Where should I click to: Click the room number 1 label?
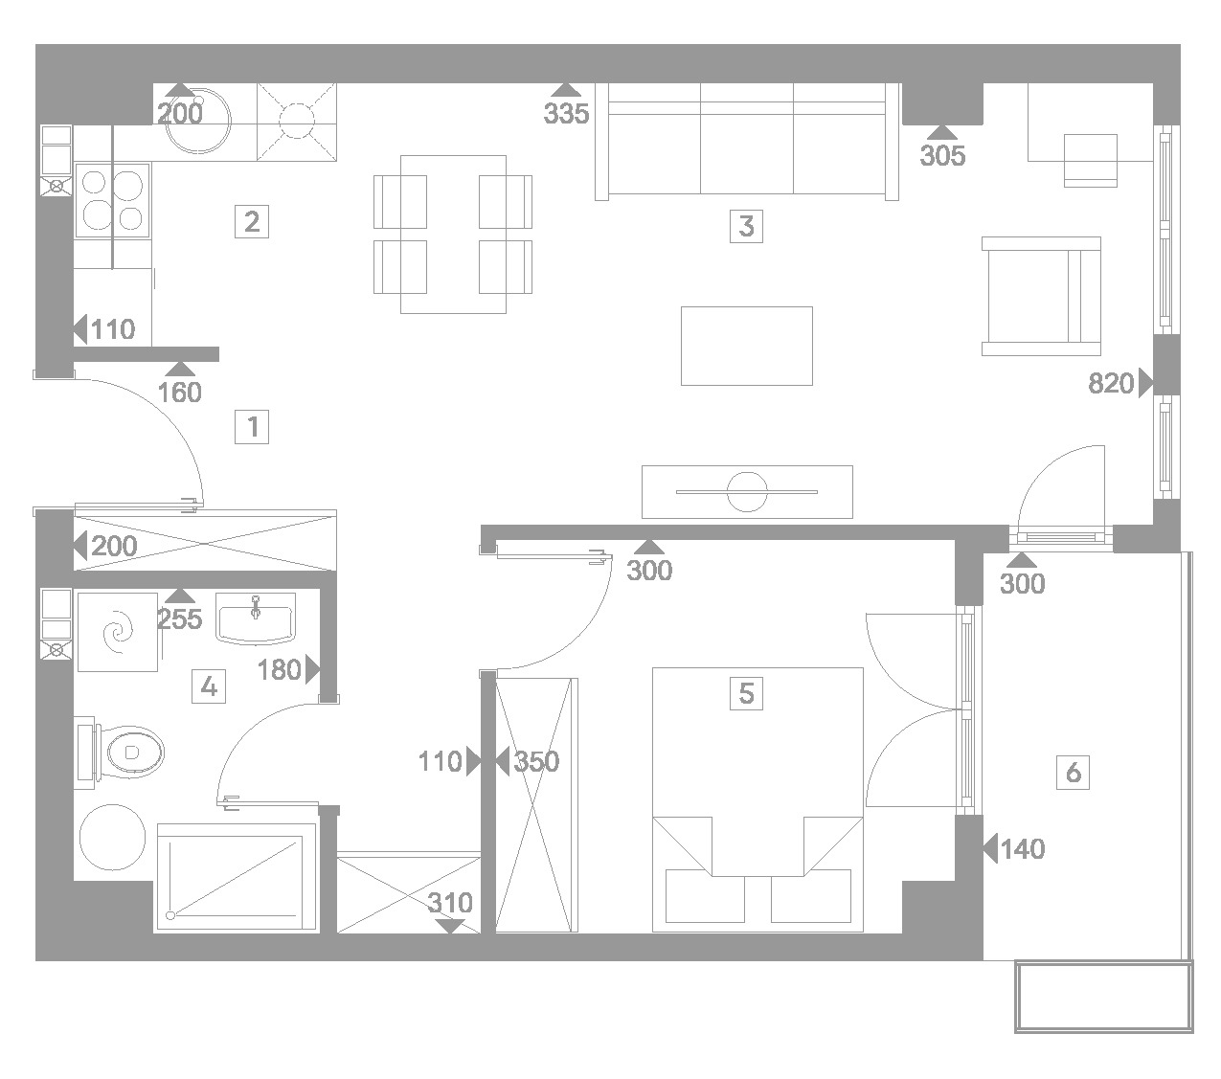(x=251, y=427)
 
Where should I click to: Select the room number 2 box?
(x=251, y=221)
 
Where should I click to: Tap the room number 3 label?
(x=746, y=226)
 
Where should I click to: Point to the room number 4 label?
(x=209, y=686)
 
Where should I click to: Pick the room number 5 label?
(x=746, y=693)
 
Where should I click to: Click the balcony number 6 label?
(x=1073, y=773)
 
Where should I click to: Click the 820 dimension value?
(x=1111, y=384)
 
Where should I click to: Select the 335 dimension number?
(x=566, y=113)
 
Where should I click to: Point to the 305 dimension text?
(x=942, y=155)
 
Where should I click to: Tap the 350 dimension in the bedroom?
(x=536, y=761)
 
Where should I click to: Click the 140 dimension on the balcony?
(x=1023, y=849)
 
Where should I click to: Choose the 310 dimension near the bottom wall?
(x=450, y=903)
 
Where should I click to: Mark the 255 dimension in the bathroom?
(x=180, y=618)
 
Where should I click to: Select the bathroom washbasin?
(x=256, y=618)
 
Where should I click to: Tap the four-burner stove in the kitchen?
(x=113, y=201)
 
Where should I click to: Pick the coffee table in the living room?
(x=747, y=346)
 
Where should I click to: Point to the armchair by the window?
(x=1041, y=296)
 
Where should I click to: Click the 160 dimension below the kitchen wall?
(x=180, y=393)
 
